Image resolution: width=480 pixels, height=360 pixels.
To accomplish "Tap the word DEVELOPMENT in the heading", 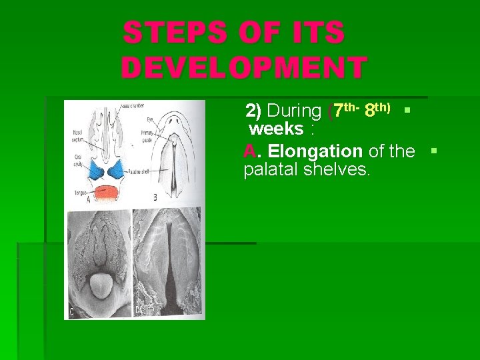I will click(244, 68).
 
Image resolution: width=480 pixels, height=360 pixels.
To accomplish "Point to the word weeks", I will click(276, 128).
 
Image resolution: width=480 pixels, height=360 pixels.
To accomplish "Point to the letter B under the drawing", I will click(155, 197).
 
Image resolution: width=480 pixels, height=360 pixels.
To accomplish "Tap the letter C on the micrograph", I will click(72, 312).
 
